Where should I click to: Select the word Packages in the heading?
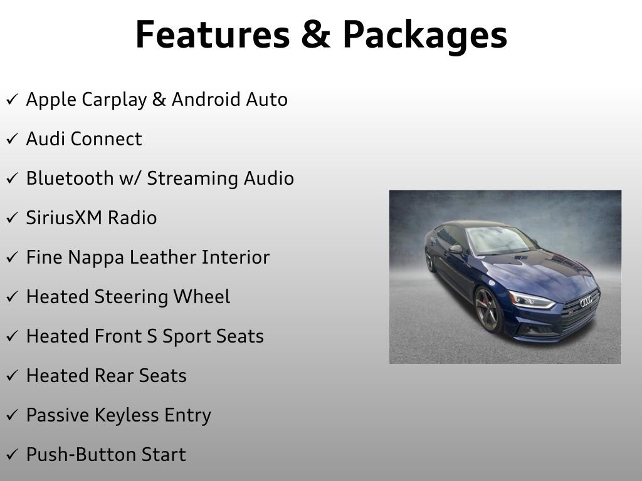point(424,36)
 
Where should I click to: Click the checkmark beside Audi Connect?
point(13,139)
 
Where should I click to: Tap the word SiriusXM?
point(64,218)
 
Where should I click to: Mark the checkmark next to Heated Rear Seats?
point(13,376)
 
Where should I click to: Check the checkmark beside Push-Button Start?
point(13,455)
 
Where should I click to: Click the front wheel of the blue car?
point(488,310)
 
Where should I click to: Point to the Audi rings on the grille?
point(586,302)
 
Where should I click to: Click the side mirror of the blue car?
point(456,249)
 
